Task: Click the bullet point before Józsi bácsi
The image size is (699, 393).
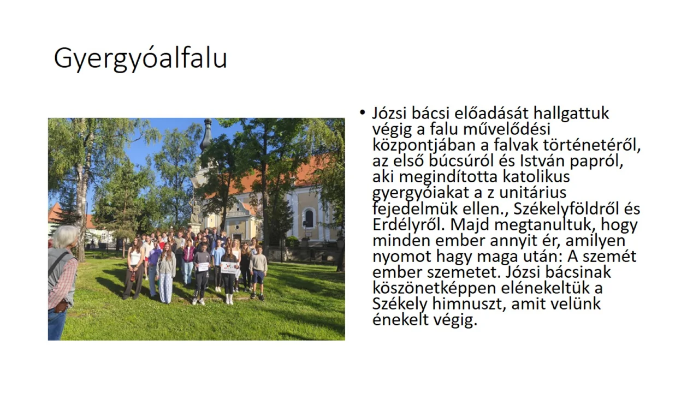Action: coord(362,112)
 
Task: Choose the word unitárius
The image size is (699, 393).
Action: coord(532,193)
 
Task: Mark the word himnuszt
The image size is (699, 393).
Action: coord(469,304)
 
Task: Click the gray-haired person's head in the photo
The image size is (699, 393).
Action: coord(65,237)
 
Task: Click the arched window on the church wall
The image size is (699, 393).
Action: coord(309,218)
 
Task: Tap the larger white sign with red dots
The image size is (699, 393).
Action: coord(229,267)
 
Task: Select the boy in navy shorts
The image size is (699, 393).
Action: coord(258,272)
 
